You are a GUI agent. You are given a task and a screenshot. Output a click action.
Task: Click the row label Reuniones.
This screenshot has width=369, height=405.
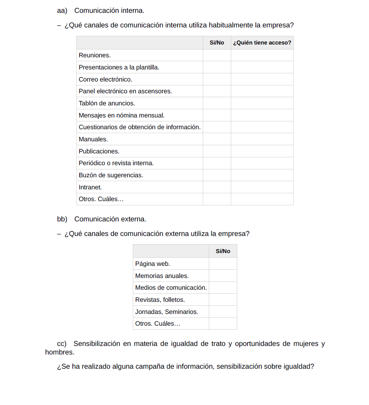pyautogui.click(x=95, y=56)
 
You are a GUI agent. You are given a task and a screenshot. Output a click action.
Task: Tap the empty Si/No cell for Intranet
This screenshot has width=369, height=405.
pyautogui.click(x=217, y=187)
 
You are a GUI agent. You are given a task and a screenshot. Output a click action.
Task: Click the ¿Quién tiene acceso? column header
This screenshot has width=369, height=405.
pyautogui.click(x=262, y=43)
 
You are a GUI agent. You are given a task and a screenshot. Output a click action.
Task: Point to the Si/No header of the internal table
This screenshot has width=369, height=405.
pyautogui.click(x=217, y=43)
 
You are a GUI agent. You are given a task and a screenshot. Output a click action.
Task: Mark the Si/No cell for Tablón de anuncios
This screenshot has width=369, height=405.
pyautogui.click(x=217, y=103)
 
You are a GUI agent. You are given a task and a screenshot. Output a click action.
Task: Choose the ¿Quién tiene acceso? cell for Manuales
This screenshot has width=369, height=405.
pyautogui.click(x=262, y=139)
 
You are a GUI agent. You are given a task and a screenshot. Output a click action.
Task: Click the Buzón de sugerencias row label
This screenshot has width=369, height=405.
pyautogui.click(x=111, y=175)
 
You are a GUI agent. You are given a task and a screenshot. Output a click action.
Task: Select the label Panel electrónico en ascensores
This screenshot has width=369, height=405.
pyautogui.click(x=125, y=91)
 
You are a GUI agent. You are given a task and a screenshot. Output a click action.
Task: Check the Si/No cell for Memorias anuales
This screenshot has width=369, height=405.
pyautogui.click(x=223, y=276)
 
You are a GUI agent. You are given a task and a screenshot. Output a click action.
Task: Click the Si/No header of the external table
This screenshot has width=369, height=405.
pyautogui.click(x=223, y=251)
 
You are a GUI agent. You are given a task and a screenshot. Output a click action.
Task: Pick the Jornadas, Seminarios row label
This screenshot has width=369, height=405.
pyautogui.click(x=167, y=312)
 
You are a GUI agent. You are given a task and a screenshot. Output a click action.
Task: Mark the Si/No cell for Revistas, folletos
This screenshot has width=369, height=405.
pyautogui.click(x=223, y=300)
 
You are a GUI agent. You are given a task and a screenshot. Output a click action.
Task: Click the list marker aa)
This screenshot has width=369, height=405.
pyautogui.click(x=62, y=11)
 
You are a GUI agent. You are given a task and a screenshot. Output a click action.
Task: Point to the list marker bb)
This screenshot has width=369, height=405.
pyautogui.click(x=62, y=219)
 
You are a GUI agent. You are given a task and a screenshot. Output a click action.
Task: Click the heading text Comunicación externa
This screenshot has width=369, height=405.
pyautogui.click(x=110, y=219)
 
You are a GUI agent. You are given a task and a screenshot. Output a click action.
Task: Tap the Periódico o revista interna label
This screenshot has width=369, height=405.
pyautogui.click(x=116, y=163)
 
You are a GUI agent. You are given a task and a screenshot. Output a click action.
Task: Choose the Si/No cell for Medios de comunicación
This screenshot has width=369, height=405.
pyautogui.click(x=223, y=288)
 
